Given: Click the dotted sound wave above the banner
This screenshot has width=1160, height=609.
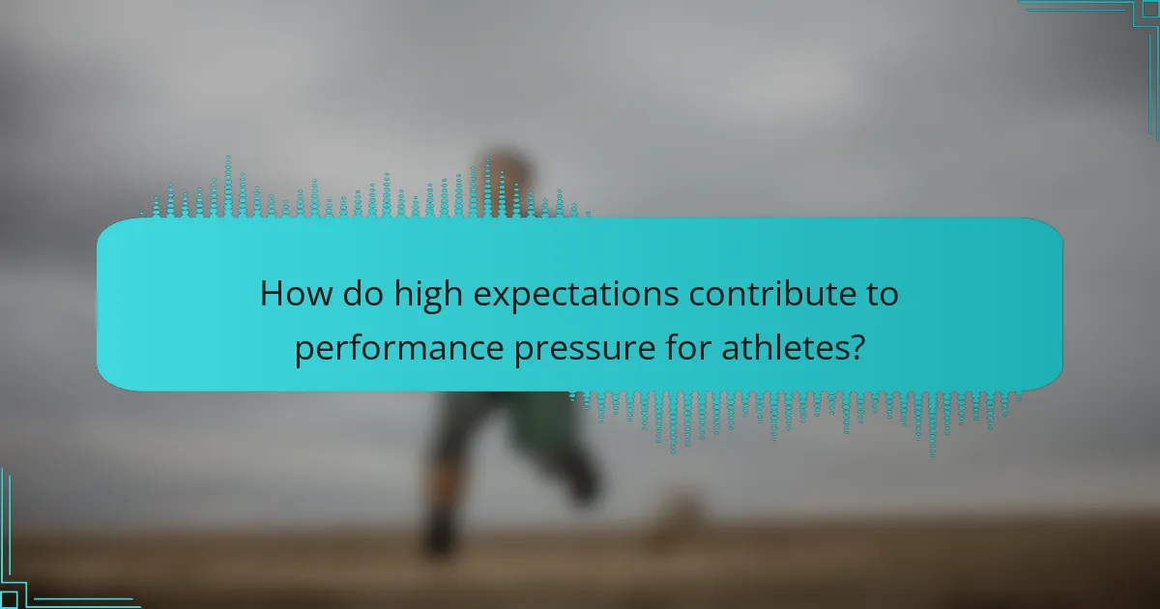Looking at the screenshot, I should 367,198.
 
